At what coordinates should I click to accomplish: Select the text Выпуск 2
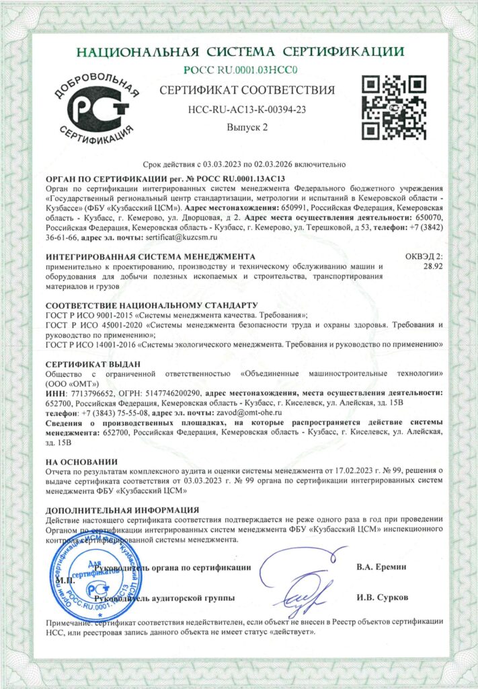point(246,126)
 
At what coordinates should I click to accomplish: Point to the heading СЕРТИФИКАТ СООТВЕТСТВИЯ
point(246,90)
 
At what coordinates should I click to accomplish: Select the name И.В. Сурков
point(381,597)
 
